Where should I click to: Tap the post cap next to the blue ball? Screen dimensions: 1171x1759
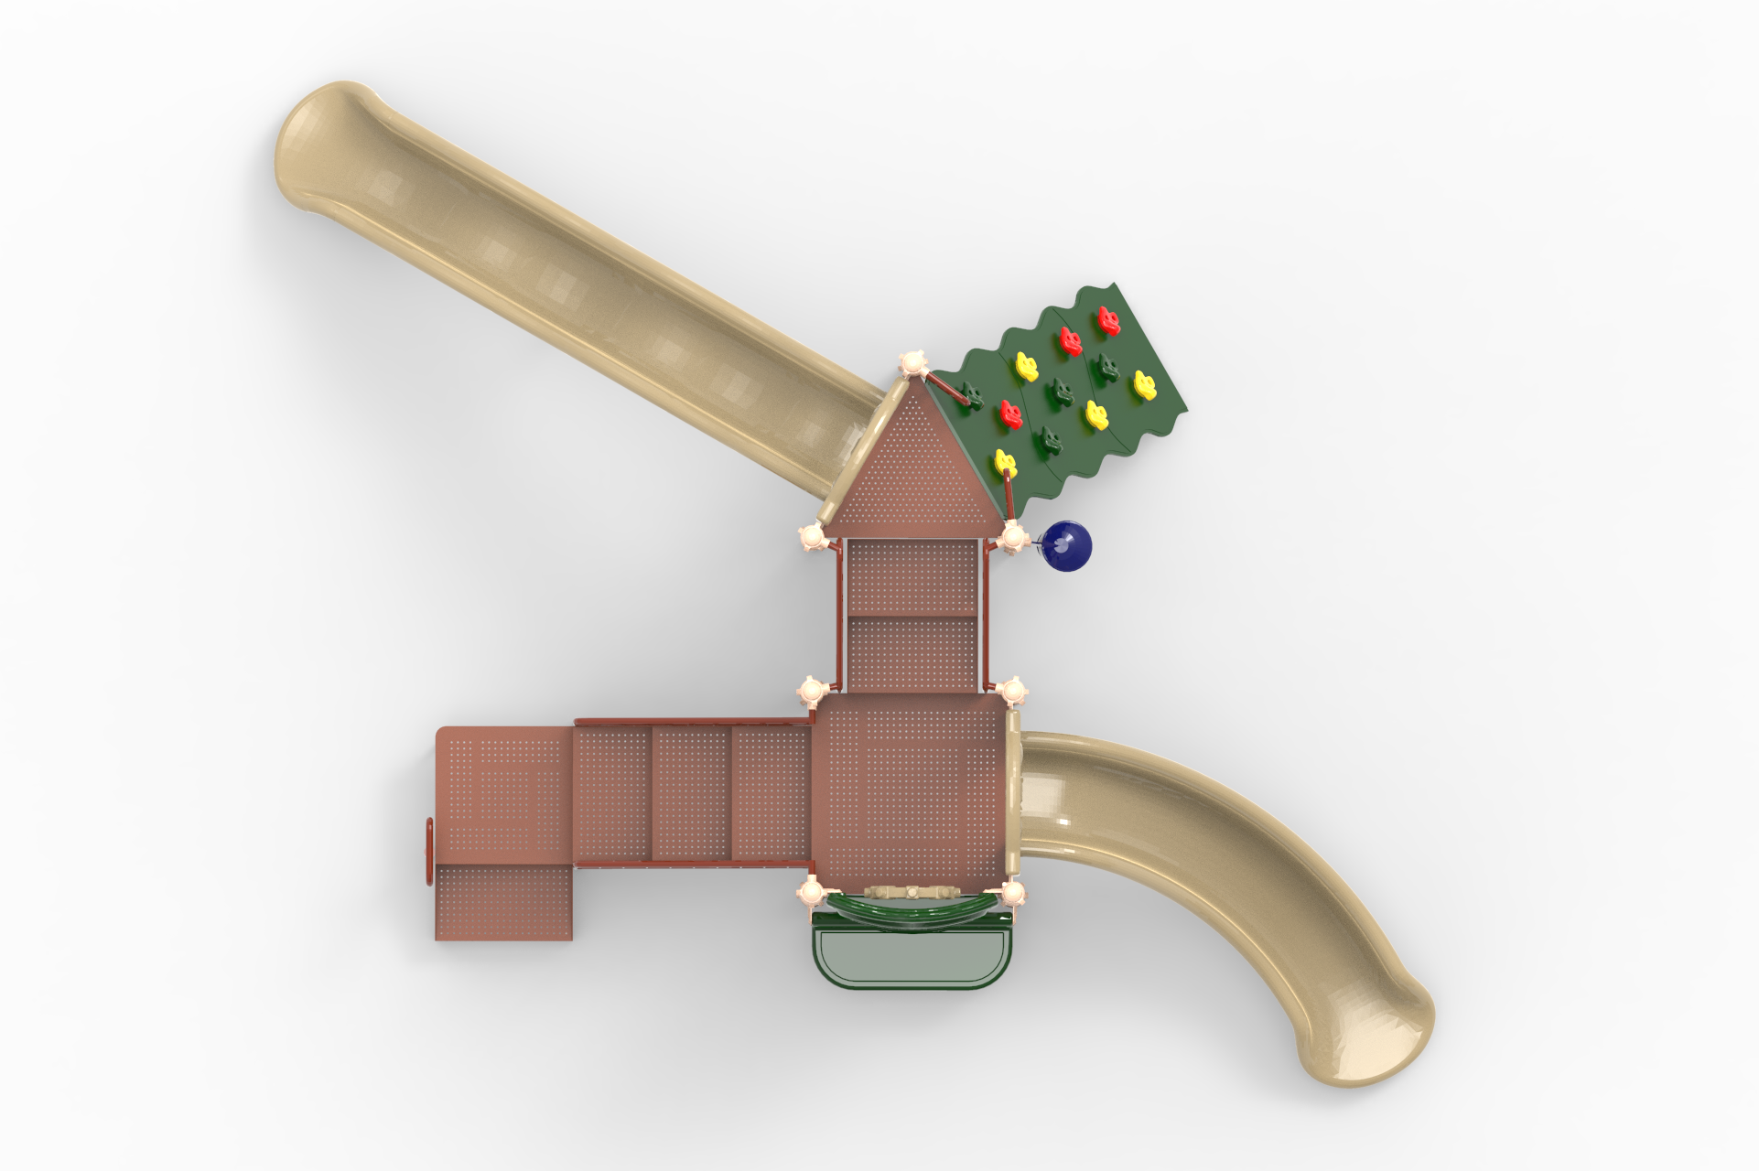1013,537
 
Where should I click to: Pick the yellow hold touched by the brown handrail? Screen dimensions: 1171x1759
1005,462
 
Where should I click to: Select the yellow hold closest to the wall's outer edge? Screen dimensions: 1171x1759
1144,384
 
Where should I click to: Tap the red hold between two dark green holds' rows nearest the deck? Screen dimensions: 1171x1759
1010,414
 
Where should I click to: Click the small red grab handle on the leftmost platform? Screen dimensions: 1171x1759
427,852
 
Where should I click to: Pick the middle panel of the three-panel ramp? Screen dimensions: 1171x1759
692,792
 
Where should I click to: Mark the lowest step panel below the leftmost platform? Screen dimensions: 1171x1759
503,902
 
